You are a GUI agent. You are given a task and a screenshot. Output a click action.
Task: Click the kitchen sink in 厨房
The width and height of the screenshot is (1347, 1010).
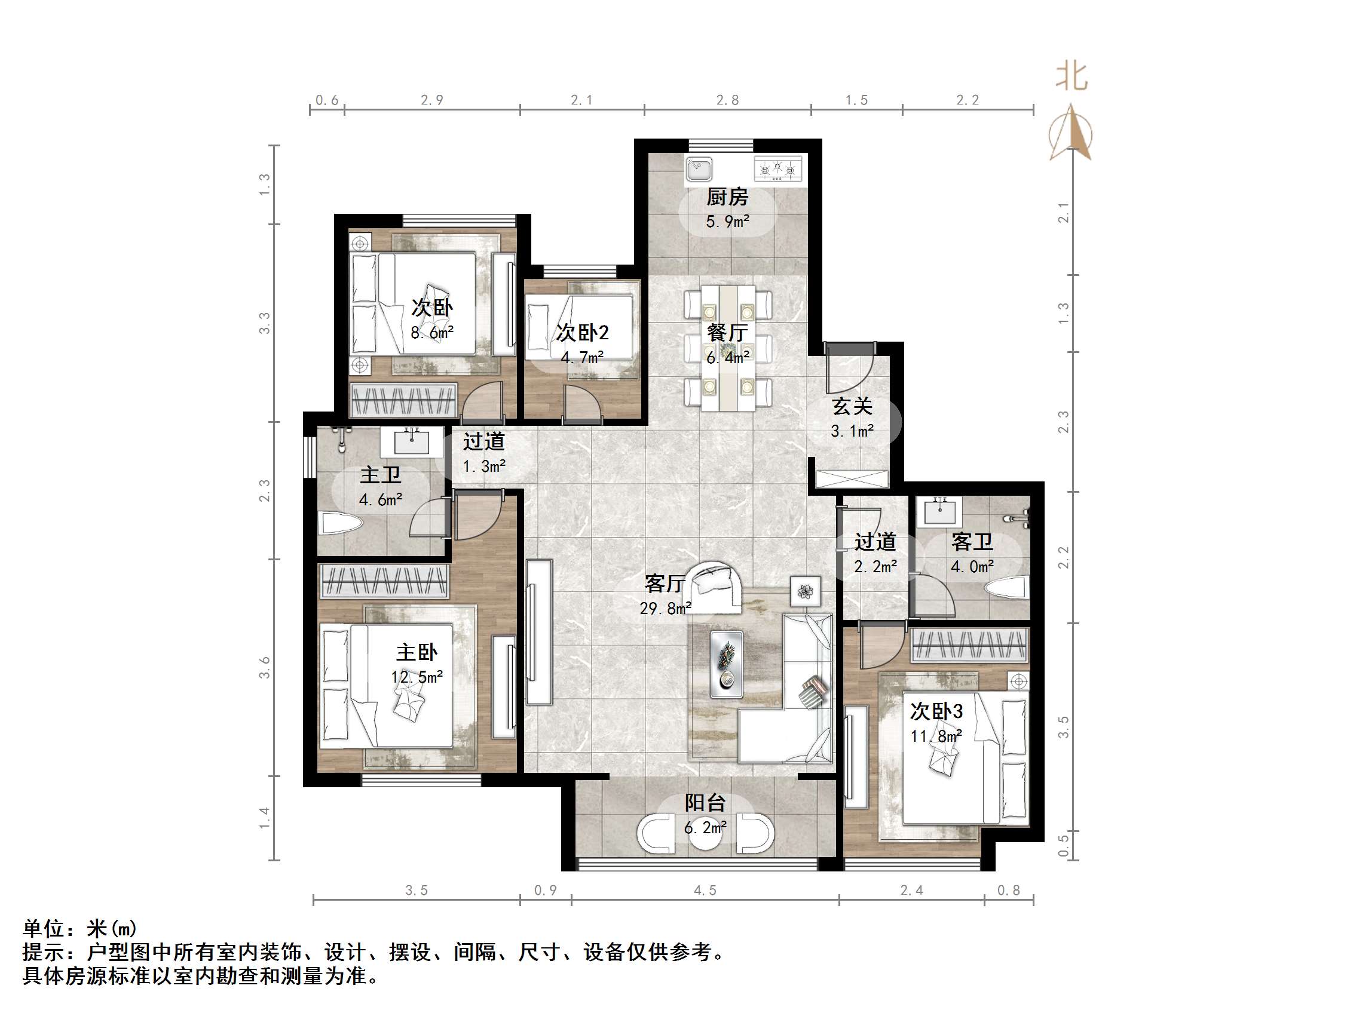[699, 168]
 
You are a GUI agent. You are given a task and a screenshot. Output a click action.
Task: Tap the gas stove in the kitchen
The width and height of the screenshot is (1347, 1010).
[777, 168]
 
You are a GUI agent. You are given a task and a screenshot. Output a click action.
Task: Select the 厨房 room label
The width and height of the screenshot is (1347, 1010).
[727, 197]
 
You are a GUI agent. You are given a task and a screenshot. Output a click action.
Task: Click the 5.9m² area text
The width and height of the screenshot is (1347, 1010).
[727, 222]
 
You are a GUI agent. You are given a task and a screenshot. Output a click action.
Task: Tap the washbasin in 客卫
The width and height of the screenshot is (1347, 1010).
[940, 511]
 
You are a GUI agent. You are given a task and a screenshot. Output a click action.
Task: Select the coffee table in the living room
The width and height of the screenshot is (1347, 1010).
[727, 664]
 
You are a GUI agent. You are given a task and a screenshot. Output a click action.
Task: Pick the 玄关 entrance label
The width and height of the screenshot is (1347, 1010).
[853, 406]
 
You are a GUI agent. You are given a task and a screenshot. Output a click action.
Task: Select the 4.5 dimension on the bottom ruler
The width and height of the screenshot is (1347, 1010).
[705, 891]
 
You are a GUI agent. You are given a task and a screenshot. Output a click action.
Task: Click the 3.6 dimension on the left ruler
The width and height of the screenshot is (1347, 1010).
[264, 667]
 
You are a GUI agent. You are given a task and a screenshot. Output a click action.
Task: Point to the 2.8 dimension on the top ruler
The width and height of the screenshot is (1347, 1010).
[727, 100]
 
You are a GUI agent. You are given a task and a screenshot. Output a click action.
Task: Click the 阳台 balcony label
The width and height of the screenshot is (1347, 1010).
[705, 803]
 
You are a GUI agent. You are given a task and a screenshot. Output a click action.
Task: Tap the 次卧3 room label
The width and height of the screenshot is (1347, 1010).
[936, 711]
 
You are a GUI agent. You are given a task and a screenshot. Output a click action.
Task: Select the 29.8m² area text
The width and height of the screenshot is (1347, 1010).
[665, 608]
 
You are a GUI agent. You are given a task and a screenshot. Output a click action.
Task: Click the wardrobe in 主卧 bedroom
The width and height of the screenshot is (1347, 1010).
[384, 581]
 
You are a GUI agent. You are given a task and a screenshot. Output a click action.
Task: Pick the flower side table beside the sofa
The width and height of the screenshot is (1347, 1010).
[805, 591]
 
